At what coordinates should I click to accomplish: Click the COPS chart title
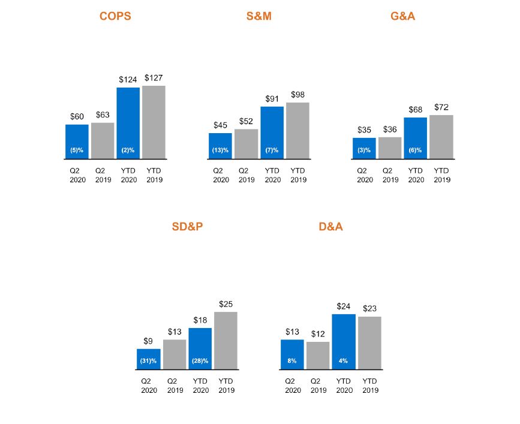(x=115, y=17)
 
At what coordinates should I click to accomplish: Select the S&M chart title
(x=259, y=17)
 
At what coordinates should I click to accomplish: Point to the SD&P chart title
(x=187, y=227)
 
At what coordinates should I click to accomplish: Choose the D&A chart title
(x=330, y=227)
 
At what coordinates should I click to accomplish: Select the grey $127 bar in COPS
(x=154, y=122)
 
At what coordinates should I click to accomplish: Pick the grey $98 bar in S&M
(x=297, y=130)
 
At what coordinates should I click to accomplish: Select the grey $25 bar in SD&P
(x=226, y=339)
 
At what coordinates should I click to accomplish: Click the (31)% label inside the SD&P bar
(x=148, y=361)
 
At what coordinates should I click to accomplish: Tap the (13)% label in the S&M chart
(x=220, y=150)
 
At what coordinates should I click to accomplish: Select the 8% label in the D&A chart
(x=292, y=361)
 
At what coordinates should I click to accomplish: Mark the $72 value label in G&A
(x=441, y=107)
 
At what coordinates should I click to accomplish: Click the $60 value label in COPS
(x=77, y=116)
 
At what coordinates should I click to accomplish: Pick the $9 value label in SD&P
(x=148, y=341)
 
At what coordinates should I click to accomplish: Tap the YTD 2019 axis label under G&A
(x=441, y=175)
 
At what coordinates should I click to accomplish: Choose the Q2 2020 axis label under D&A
(x=292, y=386)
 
